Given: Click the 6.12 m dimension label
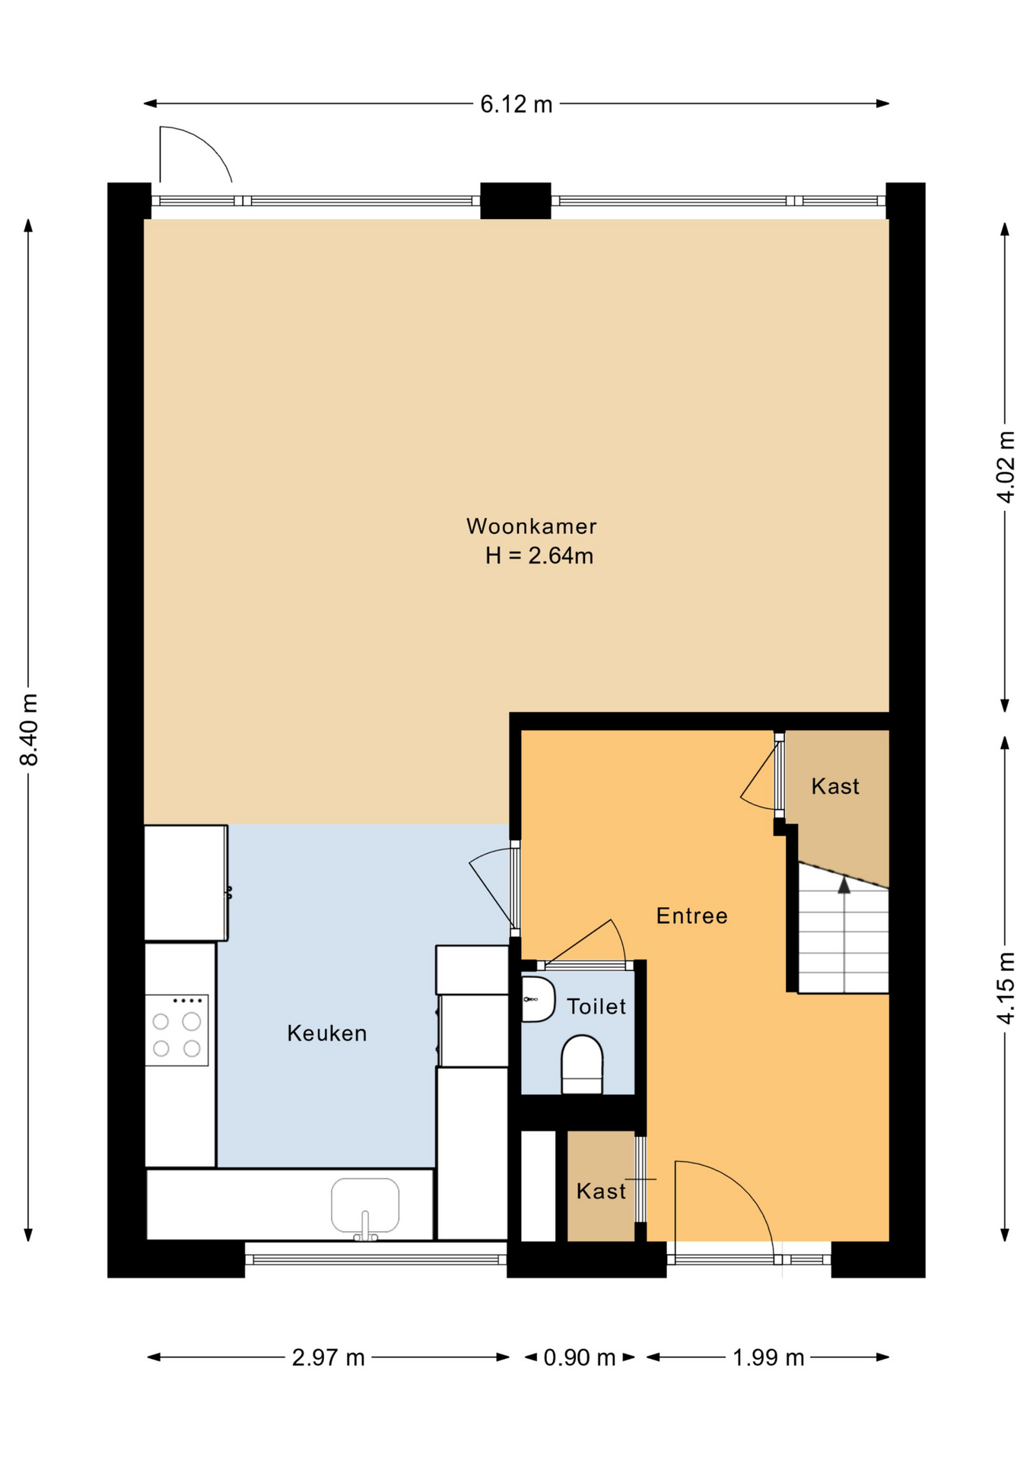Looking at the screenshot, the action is point(516,103).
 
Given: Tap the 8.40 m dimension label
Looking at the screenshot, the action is point(29,729).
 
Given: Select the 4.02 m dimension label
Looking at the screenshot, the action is point(1005,467).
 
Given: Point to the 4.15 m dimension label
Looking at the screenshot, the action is point(1005,988).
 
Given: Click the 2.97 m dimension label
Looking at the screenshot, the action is point(328,1357).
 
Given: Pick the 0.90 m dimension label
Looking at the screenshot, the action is point(579,1357).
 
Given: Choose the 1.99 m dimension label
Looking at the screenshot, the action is point(768,1357).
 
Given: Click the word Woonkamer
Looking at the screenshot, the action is point(531,526).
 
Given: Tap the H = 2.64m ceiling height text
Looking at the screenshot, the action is point(539,556).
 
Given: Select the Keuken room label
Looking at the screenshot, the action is point(326,1033).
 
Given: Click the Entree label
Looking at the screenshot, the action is point(691,916).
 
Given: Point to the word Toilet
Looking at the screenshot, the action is point(596,1006).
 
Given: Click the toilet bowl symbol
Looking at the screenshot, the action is point(582,1064).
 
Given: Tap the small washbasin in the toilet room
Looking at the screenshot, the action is point(538,999).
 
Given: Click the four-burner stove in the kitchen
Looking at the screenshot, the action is point(176,1030).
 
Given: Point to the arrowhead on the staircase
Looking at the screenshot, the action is point(844,885).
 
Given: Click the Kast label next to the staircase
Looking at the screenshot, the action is point(834,786).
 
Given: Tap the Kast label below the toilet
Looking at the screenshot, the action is point(600,1191).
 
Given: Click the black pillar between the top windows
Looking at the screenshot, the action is point(515,201).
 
